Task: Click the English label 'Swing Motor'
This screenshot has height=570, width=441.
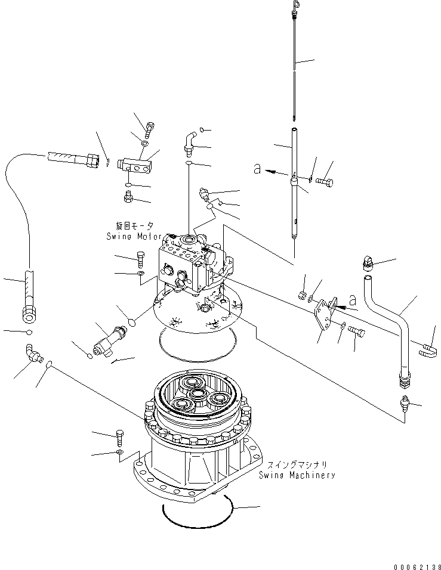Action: click(134, 236)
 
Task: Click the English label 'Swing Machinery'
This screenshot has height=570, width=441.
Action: click(297, 475)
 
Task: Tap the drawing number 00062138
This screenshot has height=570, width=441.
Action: click(417, 566)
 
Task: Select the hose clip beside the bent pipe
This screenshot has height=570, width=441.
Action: click(428, 350)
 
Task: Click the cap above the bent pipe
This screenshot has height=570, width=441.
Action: click(368, 264)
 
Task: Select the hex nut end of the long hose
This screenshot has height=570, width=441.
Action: click(29, 314)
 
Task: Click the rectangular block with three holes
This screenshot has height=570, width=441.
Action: click(134, 165)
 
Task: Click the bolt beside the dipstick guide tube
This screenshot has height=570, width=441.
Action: click(324, 182)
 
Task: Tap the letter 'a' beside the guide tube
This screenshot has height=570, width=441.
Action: click(257, 169)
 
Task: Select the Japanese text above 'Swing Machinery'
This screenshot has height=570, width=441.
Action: click(297, 465)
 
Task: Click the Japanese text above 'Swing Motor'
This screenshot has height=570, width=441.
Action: click(134, 226)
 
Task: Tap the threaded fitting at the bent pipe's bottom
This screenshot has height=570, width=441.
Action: click(404, 379)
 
